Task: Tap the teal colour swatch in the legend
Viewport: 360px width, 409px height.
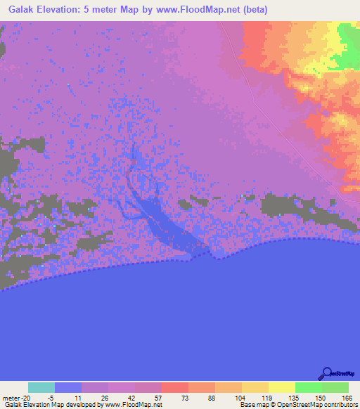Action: [41, 387]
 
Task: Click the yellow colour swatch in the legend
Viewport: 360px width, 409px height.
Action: [282, 387]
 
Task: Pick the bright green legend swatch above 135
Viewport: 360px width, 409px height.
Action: [309, 387]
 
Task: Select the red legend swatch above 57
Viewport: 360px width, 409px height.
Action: [175, 387]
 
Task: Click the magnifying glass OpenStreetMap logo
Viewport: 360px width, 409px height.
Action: [326, 373]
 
